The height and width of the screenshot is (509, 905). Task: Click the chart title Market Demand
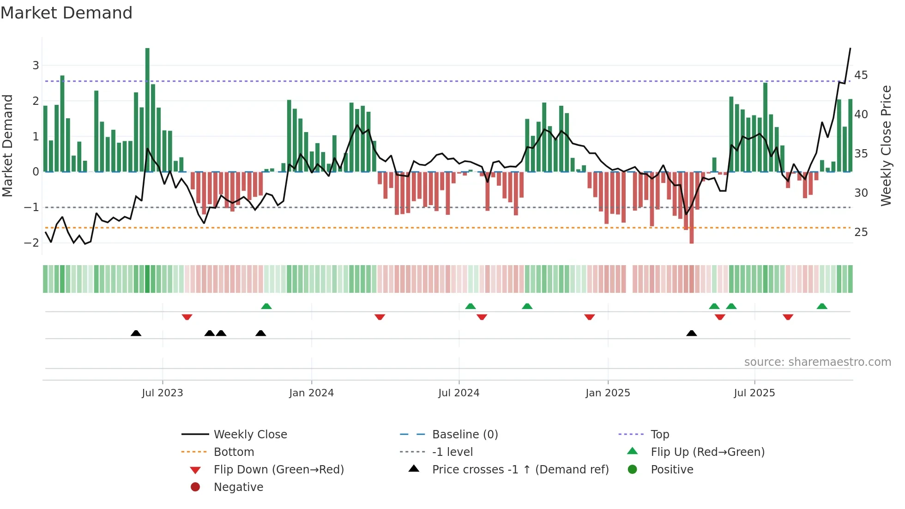pos(66,13)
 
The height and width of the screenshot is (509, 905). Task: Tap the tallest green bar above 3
pos(147,109)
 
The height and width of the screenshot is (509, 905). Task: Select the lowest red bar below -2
pos(691,207)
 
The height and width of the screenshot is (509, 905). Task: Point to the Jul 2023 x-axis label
pos(163,393)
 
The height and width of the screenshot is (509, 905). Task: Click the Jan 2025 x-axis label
pos(608,393)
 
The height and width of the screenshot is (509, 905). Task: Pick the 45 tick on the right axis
pos(861,75)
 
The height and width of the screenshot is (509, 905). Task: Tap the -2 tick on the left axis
pos(31,243)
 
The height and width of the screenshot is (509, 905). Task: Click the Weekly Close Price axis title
pos(886,145)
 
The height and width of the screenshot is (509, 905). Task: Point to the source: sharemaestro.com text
pos(817,362)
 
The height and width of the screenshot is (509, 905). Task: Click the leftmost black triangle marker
pos(136,333)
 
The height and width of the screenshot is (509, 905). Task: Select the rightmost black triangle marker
pos(691,333)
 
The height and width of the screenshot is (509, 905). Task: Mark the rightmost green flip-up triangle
pos(822,306)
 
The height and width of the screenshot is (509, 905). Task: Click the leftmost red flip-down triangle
pos(187,317)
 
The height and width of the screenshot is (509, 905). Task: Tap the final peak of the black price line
pos(850,48)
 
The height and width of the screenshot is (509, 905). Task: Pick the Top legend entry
pos(659,435)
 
